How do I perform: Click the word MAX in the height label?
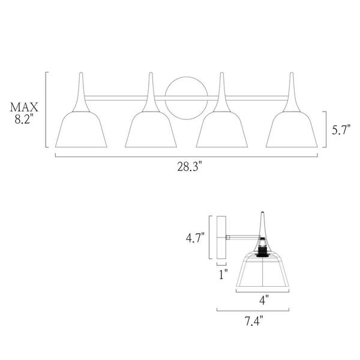coord(24,107)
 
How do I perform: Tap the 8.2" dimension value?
coord(24,119)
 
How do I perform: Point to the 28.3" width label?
coord(187,167)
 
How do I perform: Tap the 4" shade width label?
coord(263,298)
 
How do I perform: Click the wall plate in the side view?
coord(221,238)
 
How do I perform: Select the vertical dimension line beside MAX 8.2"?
coord(46,110)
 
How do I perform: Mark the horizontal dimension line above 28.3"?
coord(187,157)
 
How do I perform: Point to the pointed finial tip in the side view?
coord(263,215)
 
